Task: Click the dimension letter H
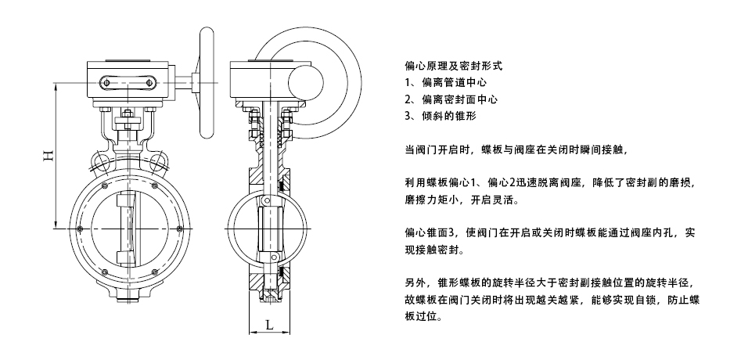point(49,156)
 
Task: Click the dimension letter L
point(269,325)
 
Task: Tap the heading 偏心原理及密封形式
point(454,66)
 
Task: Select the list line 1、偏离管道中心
point(446,82)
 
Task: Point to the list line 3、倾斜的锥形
point(441,117)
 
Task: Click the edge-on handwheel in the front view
point(207,83)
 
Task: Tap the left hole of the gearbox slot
point(106,83)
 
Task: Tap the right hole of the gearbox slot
point(149,83)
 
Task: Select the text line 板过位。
point(424,316)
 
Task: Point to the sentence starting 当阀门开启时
point(517,150)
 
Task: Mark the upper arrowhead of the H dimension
point(56,87)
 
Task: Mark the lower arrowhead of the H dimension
point(56,225)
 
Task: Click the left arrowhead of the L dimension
point(254,333)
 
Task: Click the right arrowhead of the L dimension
point(286,333)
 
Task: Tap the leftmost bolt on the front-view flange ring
point(79,229)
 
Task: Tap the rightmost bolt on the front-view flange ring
point(180,229)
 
